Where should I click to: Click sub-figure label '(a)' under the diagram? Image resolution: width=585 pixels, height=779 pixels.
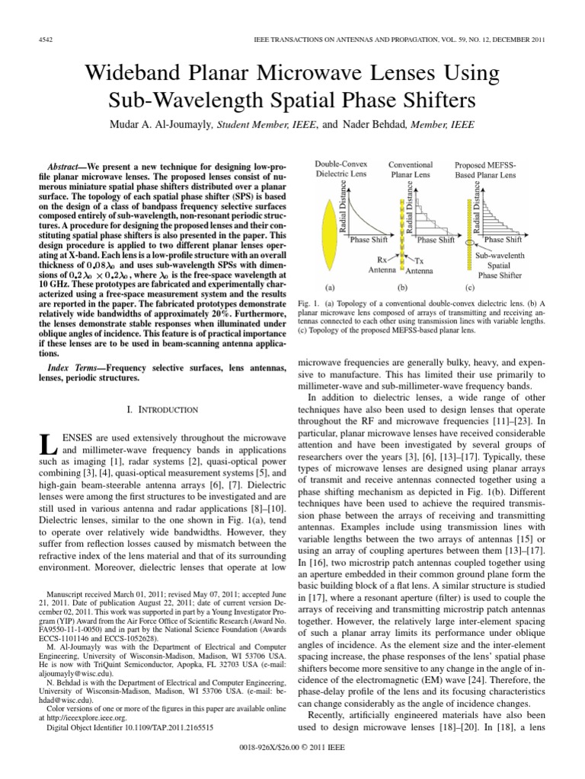pyautogui.click(x=330, y=288)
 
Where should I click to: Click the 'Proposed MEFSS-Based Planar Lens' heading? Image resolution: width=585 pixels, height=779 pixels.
pyautogui.click(x=484, y=169)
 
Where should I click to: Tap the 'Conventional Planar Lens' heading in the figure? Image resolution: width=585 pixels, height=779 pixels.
pyautogui.click(x=411, y=169)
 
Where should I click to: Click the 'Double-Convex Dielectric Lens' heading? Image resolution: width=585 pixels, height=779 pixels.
pyautogui.click(x=337, y=169)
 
